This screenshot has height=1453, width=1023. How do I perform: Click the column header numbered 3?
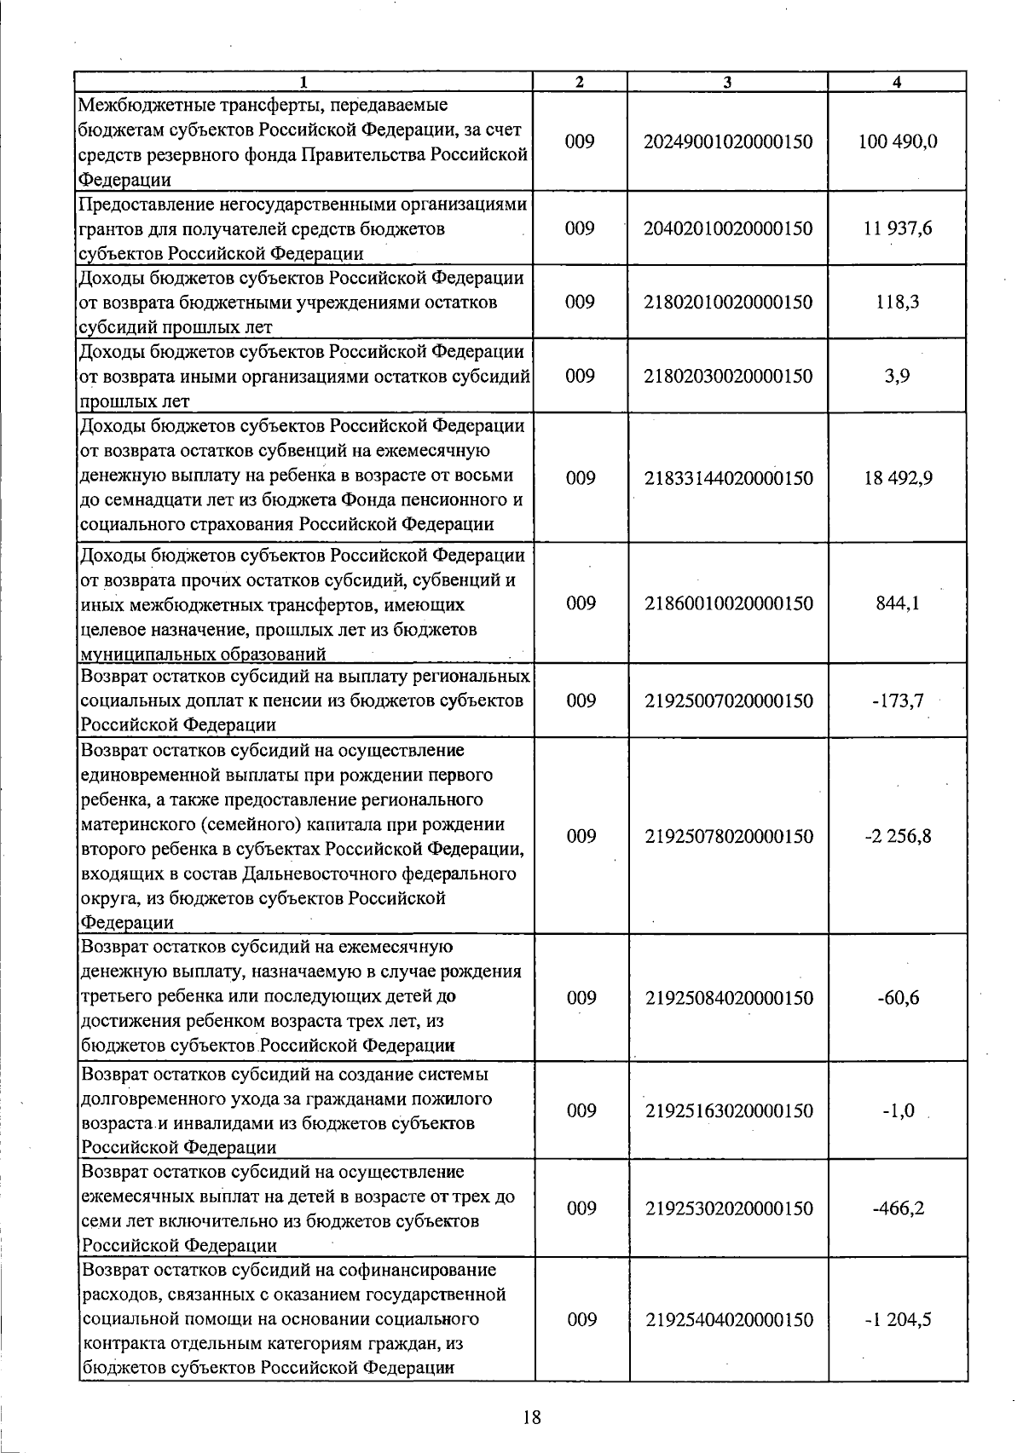(x=726, y=83)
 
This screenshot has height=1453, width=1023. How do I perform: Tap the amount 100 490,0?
(x=898, y=141)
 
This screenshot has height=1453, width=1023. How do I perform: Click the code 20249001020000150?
(x=729, y=141)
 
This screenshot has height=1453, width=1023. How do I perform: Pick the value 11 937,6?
(x=898, y=228)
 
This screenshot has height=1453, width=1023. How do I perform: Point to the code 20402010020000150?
(x=729, y=228)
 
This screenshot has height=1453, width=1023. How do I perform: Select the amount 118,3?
(x=898, y=303)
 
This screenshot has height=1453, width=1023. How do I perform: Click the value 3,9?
(x=898, y=376)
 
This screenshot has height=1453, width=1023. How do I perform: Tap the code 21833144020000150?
(x=729, y=478)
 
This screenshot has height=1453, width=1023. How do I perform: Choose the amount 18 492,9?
(x=898, y=478)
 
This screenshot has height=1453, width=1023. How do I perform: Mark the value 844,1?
(x=898, y=603)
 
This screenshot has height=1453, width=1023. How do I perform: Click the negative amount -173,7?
(x=898, y=701)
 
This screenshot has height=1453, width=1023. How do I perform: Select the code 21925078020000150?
(x=729, y=836)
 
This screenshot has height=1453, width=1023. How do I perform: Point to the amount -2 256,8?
(x=898, y=836)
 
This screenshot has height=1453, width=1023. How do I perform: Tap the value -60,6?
(x=898, y=998)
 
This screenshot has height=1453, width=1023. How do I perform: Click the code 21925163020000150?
(x=729, y=1110)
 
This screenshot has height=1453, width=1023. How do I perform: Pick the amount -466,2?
(x=898, y=1208)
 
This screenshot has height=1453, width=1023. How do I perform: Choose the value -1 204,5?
(x=898, y=1319)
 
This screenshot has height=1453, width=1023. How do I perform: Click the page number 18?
(x=531, y=1418)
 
